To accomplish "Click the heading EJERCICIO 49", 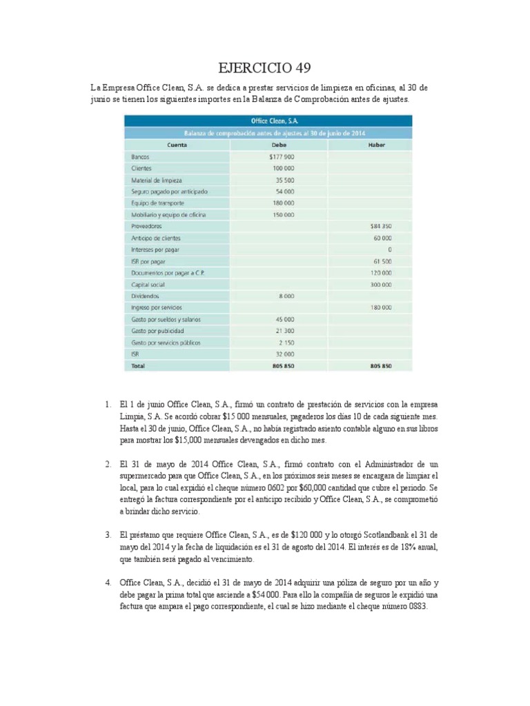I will click(x=264, y=68).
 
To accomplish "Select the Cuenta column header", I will click(x=177, y=145).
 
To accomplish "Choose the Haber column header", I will click(x=377, y=145).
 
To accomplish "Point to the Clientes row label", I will click(x=141, y=168).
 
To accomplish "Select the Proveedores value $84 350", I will click(x=381, y=226).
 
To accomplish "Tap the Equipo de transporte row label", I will click(x=159, y=203).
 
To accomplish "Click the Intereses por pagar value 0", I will click(x=390, y=250).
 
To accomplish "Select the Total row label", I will click(x=139, y=365).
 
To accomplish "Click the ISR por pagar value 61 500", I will click(x=382, y=261).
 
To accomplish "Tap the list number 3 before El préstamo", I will click(x=108, y=534).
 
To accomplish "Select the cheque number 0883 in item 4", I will click(x=418, y=607).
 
